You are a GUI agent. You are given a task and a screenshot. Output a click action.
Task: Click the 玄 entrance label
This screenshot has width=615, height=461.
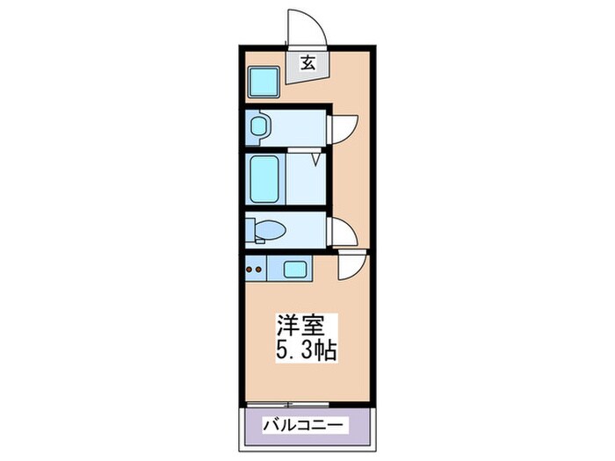point(307,62)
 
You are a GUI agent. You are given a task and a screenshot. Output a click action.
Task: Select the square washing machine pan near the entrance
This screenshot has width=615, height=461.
point(263,84)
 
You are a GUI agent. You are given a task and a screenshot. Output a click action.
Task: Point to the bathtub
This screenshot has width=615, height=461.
point(264,178)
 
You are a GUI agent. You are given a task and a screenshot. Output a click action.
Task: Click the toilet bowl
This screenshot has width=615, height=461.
point(271,231)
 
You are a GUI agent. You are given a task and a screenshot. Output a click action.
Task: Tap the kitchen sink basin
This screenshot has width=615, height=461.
point(294,268)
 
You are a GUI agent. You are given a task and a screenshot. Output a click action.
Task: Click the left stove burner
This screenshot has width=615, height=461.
point(250,268)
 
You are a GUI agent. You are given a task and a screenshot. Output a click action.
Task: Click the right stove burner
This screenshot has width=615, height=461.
point(261,268)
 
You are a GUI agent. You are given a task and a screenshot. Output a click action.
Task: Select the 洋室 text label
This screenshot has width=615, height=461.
point(297,323)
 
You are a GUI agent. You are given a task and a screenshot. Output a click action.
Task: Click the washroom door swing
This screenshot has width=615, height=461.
point(344,128)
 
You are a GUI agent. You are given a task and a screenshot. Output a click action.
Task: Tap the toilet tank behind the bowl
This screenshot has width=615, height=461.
point(250,229)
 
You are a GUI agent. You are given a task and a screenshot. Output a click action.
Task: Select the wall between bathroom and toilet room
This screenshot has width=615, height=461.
point(286,209)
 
